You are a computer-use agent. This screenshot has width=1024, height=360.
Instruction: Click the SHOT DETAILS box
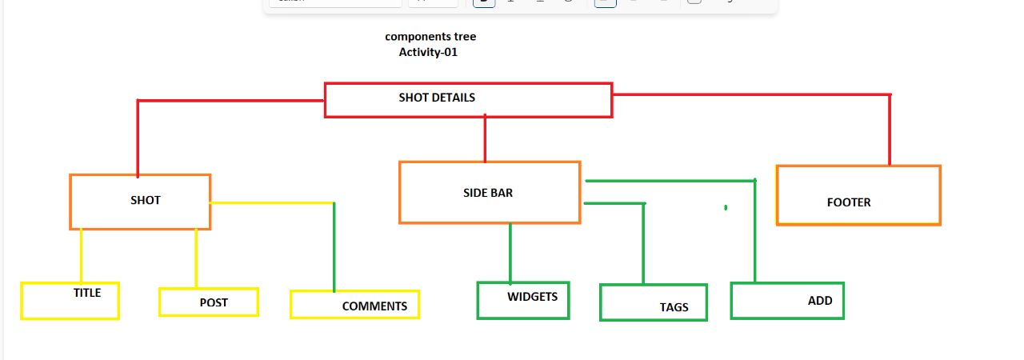point(468,100)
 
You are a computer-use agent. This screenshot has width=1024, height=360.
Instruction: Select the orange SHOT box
point(140,202)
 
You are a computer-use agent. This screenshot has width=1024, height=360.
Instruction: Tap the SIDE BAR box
point(489,193)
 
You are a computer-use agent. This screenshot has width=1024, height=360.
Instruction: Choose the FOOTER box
point(858,195)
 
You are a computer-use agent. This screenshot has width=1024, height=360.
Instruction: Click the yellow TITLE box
point(70,301)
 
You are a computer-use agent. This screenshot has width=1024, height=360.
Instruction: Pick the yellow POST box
point(208,302)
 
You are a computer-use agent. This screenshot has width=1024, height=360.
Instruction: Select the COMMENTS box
point(354,304)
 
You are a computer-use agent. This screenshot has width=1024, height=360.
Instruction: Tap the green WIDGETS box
point(523,300)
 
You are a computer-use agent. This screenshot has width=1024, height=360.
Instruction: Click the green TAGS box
point(653,302)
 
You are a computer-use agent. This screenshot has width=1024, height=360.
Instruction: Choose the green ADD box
point(787,301)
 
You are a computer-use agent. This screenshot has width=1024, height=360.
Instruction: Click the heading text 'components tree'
point(430,37)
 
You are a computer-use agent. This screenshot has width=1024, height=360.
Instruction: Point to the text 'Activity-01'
point(428,53)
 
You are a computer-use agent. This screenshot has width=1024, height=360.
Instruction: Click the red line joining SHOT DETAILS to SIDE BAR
point(485,139)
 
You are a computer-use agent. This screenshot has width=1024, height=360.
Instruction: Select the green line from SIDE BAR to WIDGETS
point(510,252)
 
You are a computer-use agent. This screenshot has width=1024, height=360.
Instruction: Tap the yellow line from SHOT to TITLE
point(81,256)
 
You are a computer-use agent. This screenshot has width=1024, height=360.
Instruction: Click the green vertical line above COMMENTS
point(334,248)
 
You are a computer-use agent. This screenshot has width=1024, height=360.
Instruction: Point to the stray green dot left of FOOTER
point(726,208)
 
